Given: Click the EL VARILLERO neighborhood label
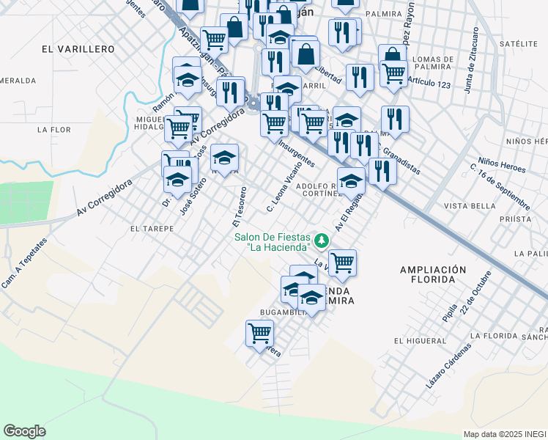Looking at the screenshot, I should click(x=78, y=49).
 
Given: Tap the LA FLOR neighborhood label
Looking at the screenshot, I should click(x=53, y=130).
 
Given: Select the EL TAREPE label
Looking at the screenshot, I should click(x=152, y=229).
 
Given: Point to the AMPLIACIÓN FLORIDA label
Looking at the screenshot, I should click(x=433, y=274).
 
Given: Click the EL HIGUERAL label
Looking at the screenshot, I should click(x=420, y=341).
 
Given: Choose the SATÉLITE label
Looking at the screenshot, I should click(x=513, y=44).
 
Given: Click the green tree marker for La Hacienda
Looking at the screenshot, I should click(x=320, y=240).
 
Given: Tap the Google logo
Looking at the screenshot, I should click(x=24, y=430).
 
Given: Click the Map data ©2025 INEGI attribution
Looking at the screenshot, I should click(x=505, y=434).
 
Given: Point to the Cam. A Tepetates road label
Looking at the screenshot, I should click(x=25, y=263).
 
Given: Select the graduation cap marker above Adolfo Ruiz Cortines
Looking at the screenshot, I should click(x=351, y=180).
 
